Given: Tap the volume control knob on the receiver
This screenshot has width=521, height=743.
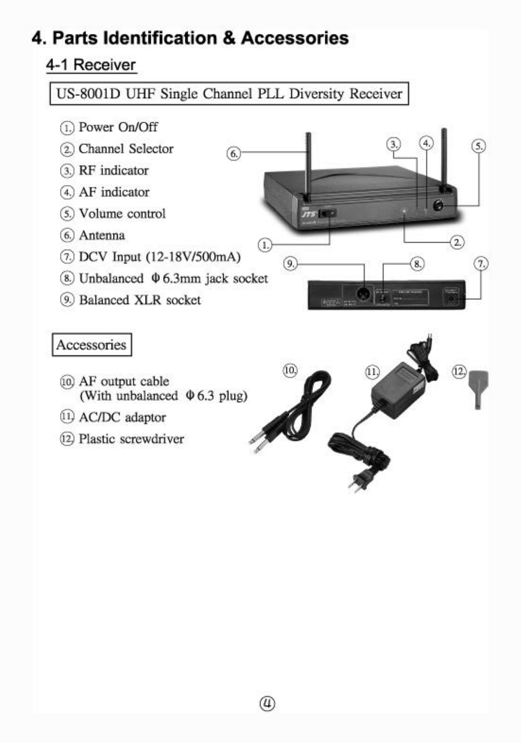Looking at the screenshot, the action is click(x=438, y=205).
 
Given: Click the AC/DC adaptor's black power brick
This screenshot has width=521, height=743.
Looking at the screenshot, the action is click(x=398, y=391).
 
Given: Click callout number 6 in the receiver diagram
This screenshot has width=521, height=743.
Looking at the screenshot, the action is click(x=234, y=153).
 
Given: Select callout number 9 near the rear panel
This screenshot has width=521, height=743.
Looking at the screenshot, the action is click(x=290, y=264).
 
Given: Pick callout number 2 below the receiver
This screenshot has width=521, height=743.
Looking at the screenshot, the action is click(x=458, y=242).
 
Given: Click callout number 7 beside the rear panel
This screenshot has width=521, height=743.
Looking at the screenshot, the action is click(x=481, y=264).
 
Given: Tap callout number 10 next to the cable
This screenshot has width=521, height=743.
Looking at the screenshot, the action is click(x=290, y=370).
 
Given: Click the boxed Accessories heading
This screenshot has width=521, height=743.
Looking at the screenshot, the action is click(x=92, y=345).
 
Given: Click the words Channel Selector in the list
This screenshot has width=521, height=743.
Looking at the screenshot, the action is click(x=126, y=149).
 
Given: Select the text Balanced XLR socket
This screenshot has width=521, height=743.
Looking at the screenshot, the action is click(x=140, y=300).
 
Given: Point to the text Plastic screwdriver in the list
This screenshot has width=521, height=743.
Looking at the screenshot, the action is click(x=131, y=439).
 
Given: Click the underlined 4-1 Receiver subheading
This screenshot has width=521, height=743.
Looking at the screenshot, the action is click(x=91, y=65).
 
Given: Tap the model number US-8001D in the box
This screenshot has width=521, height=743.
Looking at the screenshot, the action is click(x=88, y=94).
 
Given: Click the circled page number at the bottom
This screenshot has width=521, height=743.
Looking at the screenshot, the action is click(x=267, y=703).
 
